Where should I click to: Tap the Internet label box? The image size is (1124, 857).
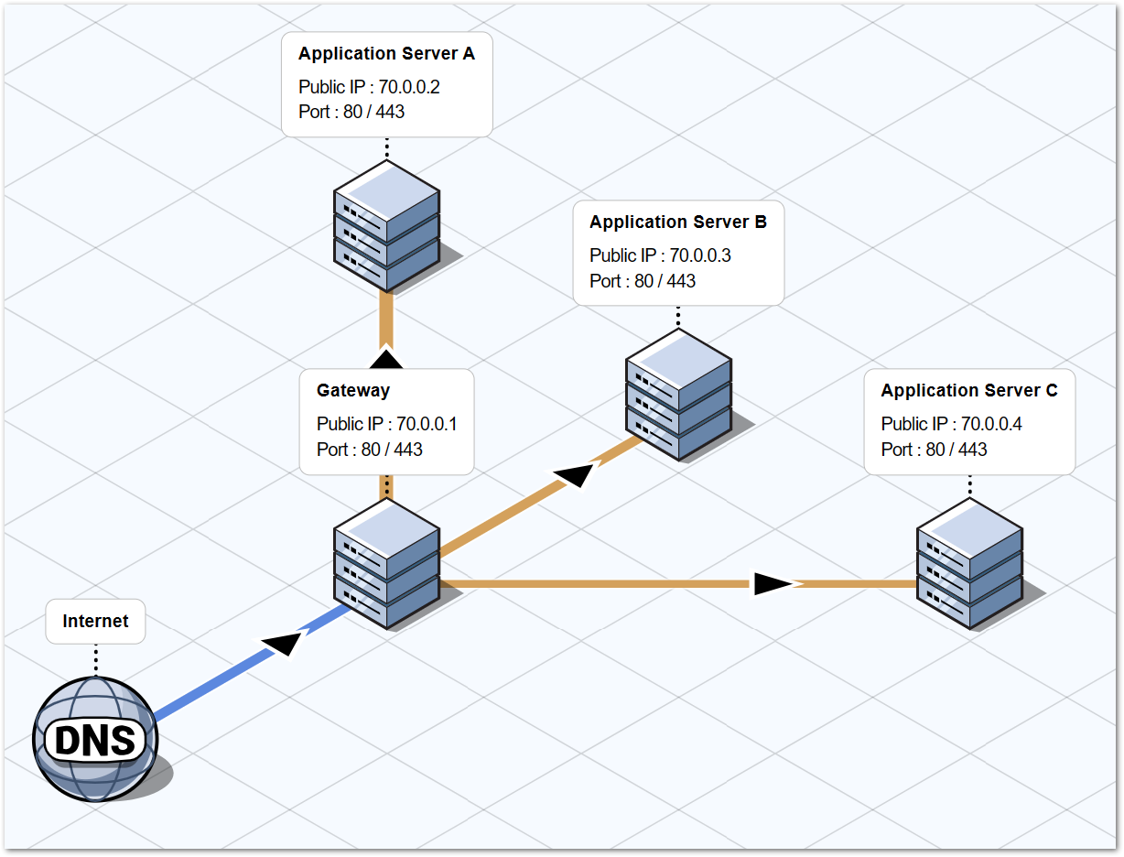(x=95, y=622)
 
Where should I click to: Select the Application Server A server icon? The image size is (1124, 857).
(x=386, y=227)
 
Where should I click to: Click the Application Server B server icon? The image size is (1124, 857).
(x=678, y=395)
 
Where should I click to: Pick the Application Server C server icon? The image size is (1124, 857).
(x=969, y=563)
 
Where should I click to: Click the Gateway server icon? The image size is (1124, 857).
(x=386, y=563)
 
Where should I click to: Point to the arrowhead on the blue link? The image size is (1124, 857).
(x=284, y=642)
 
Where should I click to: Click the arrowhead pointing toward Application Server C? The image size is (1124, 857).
(x=774, y=583)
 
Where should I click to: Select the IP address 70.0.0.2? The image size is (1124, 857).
(x=409, y=87)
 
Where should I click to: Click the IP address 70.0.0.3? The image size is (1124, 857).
(x=700, y=255)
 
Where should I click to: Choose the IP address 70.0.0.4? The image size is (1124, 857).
(x=991, y=424)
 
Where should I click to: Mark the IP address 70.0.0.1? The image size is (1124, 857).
(x=427, y=424)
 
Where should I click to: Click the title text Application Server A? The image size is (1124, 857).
(x=386, y=54)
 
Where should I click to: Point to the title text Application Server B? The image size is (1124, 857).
(x=678, y=222)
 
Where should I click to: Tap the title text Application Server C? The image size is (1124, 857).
(x=969, y=391)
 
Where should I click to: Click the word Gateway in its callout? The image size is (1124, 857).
(x=353, y=391)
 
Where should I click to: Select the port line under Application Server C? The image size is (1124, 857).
(x=935, y=450)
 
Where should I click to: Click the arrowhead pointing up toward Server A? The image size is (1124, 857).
(x=386, y=359)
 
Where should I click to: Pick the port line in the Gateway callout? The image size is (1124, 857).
(x=370, y=450)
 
